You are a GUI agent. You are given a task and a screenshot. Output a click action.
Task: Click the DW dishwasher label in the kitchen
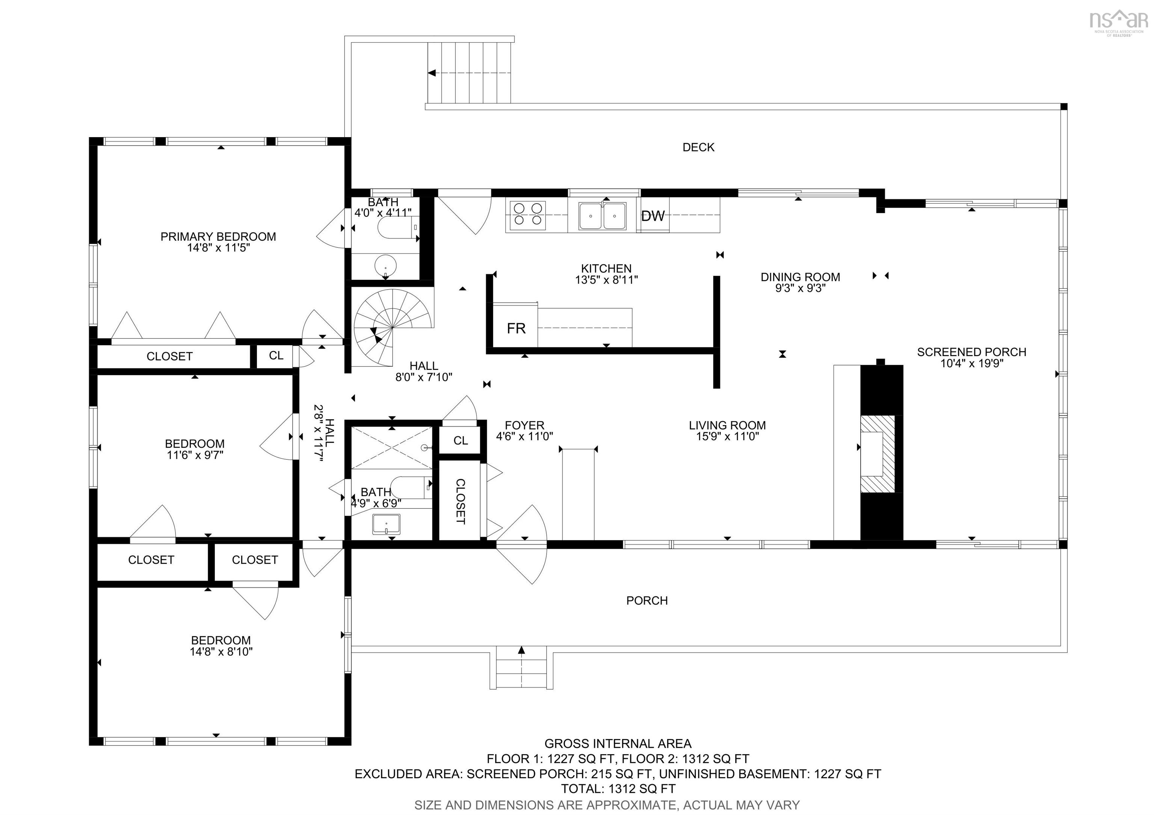pyautogui.click(x=653, y=216)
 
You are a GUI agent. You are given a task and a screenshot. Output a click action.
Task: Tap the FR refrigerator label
pyautogui.click(x=516, y=329)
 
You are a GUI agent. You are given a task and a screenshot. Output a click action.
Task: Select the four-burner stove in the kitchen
pyautogui.click(x=527, y=215)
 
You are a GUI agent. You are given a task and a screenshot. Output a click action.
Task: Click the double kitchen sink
pyautogui.click(x=602, y=216)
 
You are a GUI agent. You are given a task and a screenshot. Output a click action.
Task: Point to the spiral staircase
pyautogui.click(x=392, y=327)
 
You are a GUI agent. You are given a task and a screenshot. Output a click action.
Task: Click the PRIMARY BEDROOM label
pyautogui.click(x=218, y=237)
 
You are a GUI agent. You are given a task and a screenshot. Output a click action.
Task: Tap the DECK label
pyautogui.click(x=698, y=147)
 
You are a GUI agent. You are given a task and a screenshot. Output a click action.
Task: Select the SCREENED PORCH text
pyautogui.click(x=971, y=352)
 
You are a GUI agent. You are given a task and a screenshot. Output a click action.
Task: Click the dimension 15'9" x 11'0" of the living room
pyautogui.click(x=727, y=437)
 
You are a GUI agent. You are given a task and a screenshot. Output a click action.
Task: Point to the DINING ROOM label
pyautogui.click(x=800, y=277)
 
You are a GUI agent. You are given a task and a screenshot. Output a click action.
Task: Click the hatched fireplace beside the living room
pyautogui.click(x=878, y=454)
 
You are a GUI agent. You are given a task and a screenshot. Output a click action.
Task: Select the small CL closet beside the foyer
pyautogui.click(x=461, y=441)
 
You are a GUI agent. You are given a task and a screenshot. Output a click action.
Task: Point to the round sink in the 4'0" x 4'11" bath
pyautogui.click(x=385, y=266)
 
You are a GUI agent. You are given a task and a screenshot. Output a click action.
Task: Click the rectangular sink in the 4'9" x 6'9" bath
pyautogui.click(x=386, y=525)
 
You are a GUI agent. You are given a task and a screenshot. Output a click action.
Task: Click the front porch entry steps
pyautogui.click(x=521, y=667)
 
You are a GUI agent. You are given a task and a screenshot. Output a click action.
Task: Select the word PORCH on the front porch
pyautogui.click(x=647, y=601)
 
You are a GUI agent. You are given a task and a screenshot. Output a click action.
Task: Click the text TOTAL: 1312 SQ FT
pyautogui.click(x=618, y=789)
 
